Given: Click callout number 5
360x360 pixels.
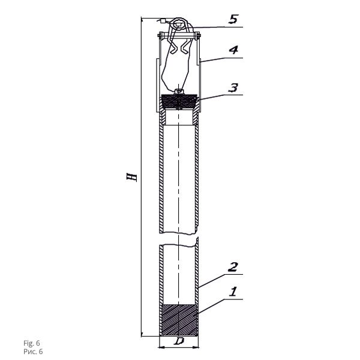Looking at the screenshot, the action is [233, 19].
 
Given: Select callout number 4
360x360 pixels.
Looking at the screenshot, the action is [233, 50].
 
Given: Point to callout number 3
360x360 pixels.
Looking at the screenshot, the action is [233, 88].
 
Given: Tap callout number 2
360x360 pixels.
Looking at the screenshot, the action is [233, 267].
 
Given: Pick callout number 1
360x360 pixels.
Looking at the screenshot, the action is [233, 292].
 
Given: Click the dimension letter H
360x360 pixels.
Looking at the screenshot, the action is [132, 178].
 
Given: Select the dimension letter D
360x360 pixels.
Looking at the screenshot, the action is [179, 341].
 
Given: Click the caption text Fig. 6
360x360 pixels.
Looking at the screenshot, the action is [32, 343].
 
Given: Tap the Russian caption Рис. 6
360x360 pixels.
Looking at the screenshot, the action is [33, 352].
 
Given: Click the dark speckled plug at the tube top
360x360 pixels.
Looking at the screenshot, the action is [179, 101].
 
